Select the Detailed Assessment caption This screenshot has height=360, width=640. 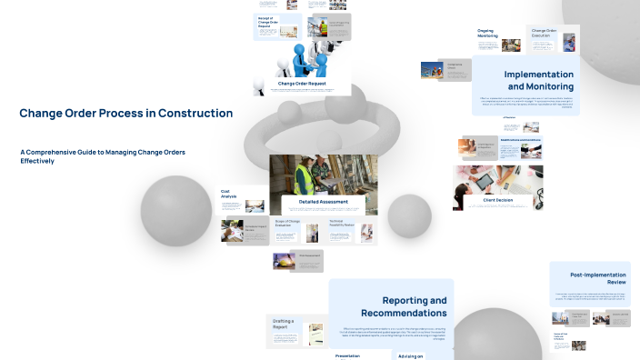click(323, 200)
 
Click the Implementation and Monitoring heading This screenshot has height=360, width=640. click(538, 80)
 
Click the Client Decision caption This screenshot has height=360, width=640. click(492, 199)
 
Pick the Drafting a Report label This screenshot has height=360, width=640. click(284, 323)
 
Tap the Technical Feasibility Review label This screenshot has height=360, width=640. click(343, 223)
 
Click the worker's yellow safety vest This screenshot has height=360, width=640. click(303, 175)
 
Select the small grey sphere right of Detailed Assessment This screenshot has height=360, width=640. click(409, 216)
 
